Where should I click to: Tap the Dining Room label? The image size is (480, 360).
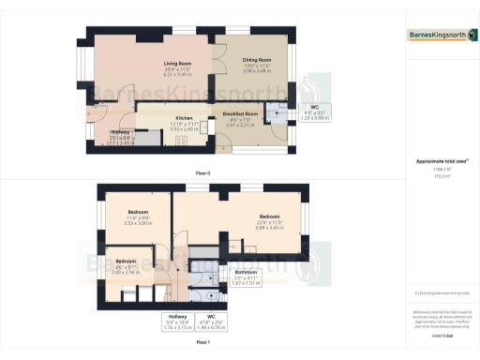[256, 68]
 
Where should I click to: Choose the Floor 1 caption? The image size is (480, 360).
[202, 343]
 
